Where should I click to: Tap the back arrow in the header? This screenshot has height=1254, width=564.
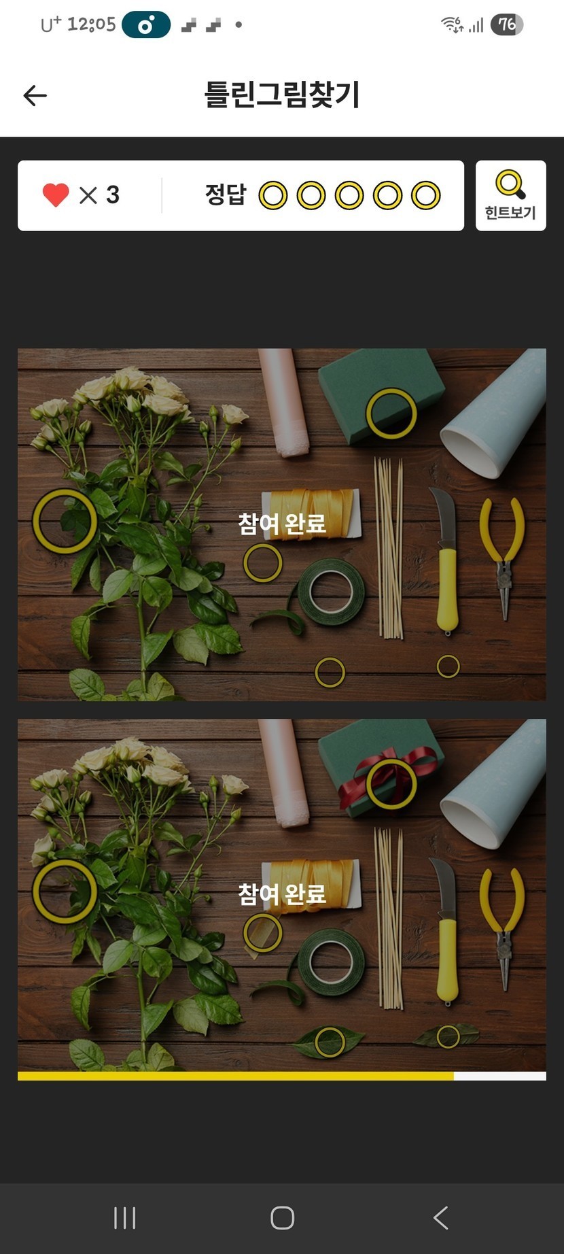click(x=35, y=96)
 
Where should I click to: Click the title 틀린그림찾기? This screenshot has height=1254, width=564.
click(x=282, y=95)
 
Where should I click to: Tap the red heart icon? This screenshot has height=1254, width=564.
click(x=56, y=195)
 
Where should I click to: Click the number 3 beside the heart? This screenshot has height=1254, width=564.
click(x=113, y=195)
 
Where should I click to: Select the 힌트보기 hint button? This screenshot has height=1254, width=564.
click(x=510, y=196)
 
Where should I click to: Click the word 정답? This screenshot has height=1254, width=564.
click(x=226, y=195)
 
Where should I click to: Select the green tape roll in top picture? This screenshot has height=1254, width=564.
click(x=332, y=592)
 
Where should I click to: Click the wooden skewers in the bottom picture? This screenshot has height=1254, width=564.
click(x=389, y=918)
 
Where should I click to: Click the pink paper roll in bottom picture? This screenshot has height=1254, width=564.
click(x=283, y=773)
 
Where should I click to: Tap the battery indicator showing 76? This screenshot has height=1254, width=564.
click(x=507, y=25)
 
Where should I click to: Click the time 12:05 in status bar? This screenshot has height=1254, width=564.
click(x=92, y=25)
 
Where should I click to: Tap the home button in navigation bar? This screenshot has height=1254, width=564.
click(x=282, y=1218)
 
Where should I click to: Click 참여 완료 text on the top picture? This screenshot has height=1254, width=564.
click(x=282, y=524)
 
